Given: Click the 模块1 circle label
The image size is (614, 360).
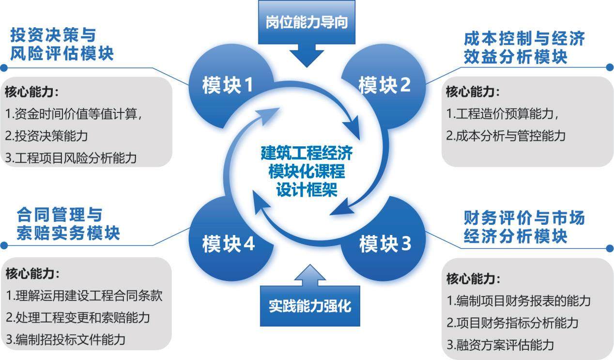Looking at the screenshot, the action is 228,86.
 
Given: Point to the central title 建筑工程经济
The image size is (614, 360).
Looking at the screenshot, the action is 307,153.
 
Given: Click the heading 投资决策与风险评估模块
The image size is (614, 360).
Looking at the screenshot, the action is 61,44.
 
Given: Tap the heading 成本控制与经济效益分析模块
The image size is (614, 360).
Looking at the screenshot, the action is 524,47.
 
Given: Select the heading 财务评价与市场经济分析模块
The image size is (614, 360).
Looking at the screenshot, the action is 524,227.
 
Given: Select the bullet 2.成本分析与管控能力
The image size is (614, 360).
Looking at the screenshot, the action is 506,136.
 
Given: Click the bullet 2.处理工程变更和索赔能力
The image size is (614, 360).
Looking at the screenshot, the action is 77,317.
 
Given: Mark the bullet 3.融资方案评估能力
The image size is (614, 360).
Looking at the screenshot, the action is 500,344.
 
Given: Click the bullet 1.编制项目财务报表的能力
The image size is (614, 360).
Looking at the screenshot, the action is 518,300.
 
